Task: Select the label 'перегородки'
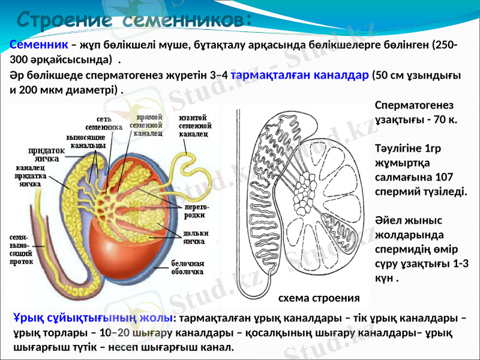[x=191, y=211]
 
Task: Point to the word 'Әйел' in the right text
[x=388, y=221]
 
